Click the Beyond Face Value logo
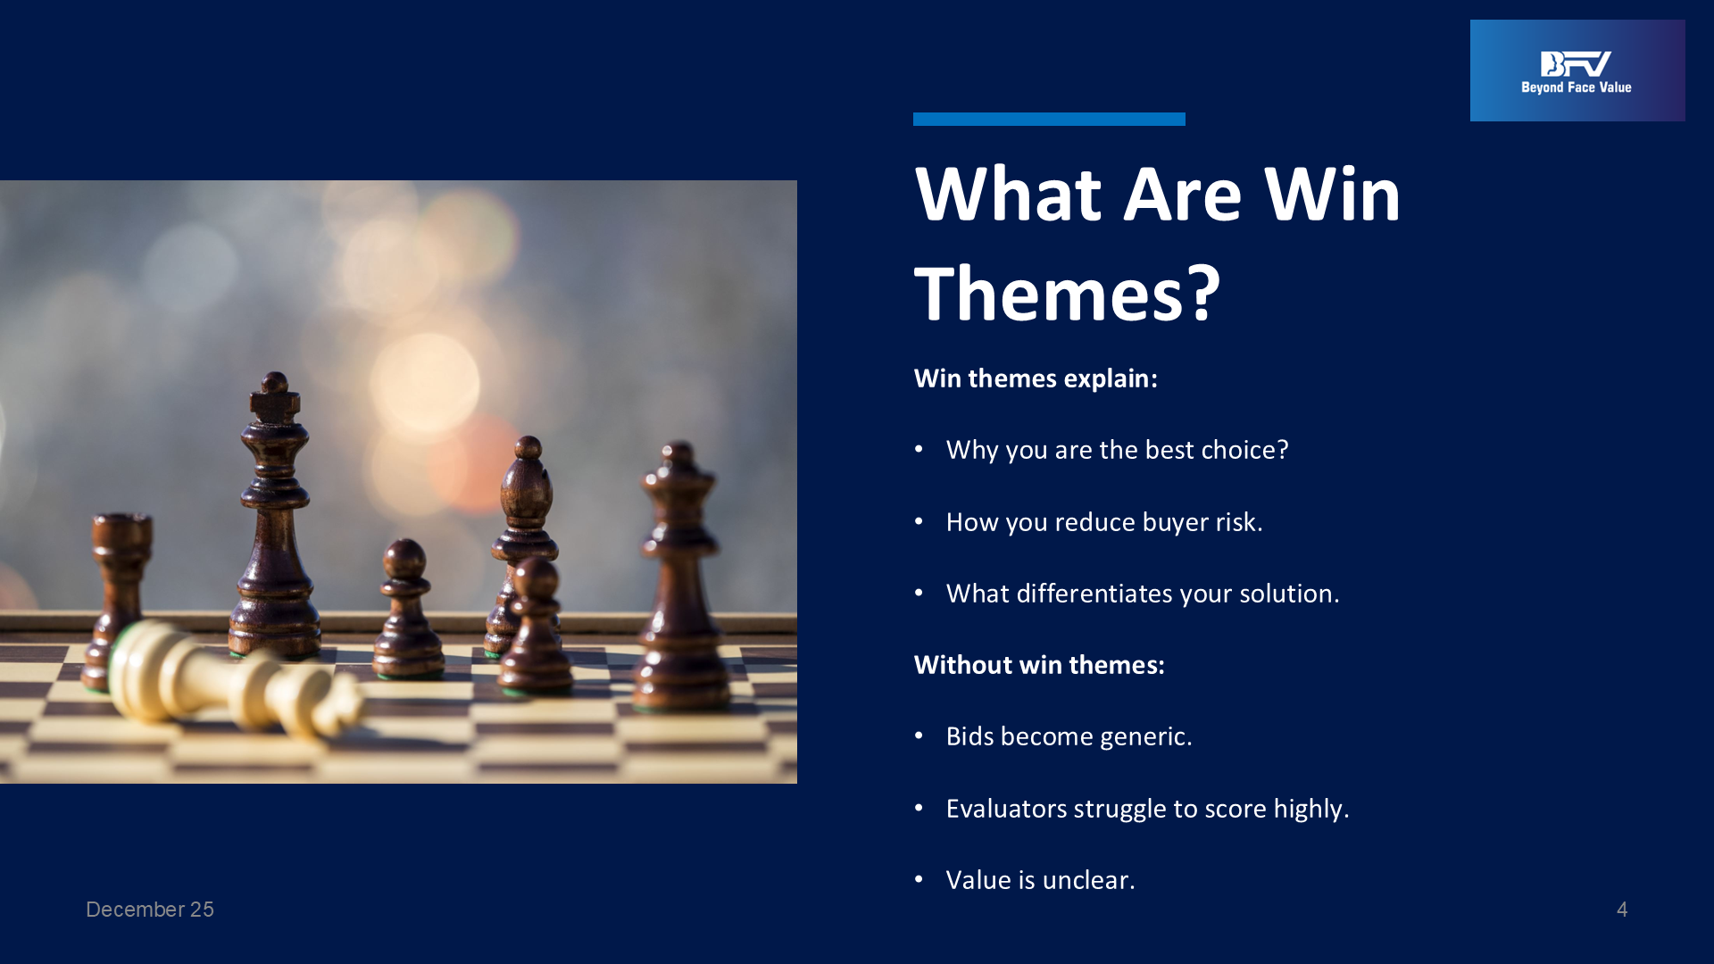click(x=1577, y=71)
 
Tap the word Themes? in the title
click(x=1067, y=294)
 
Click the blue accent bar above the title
click(x=1049, y=119)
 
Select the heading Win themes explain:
click(x=1036, y=378)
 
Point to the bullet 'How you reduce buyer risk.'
click(x=1104, y=522)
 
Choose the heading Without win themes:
click(x=1039, y=665)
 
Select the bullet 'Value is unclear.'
click(x=1040, y=880)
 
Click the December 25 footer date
click(x=150, y=910)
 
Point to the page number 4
click(x=1622, y=910)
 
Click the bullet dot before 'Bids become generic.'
click(x=919, y=735)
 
